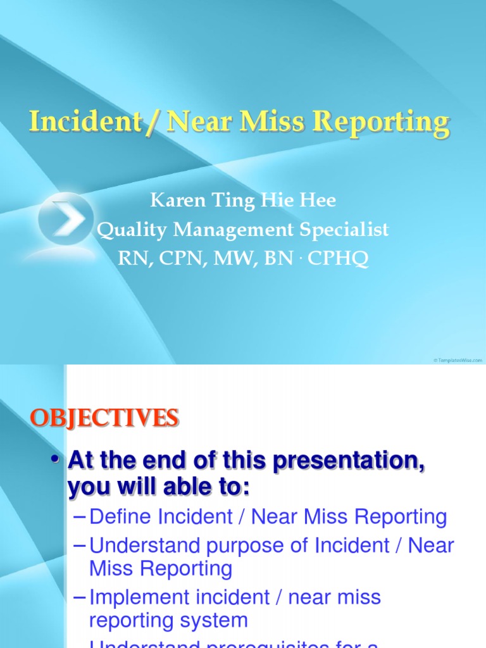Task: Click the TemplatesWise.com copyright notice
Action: click(x=458, y=360)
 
